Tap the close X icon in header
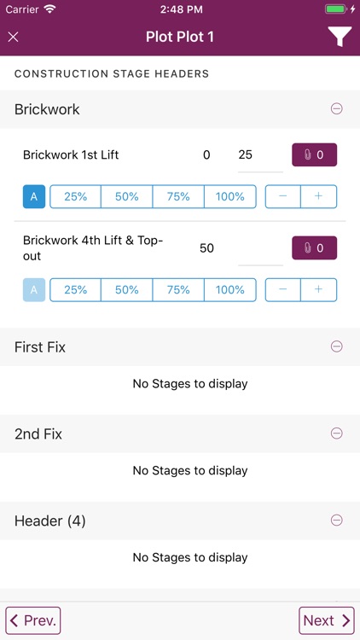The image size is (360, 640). coord(14,37)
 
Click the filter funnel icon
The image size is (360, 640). coord(339,37)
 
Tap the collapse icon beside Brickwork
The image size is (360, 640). coord(337,109)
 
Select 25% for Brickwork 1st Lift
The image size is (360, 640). coord(76,196)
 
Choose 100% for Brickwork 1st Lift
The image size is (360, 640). coord(230,196)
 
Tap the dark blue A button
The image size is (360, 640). coord(34,196)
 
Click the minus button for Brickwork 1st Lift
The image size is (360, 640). coord(283,196)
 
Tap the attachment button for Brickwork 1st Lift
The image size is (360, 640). coord(315,155)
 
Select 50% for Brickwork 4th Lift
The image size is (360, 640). coord(127,289)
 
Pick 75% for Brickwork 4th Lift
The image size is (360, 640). coord(178,289)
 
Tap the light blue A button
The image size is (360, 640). coord(34,289)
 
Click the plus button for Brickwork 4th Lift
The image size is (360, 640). coord(319,289)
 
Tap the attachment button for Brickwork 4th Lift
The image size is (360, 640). coord(315,248)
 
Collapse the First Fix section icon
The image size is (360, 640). coord(337,346)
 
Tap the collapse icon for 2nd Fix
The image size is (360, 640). coord(337,433)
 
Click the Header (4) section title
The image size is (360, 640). coord(50,521)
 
